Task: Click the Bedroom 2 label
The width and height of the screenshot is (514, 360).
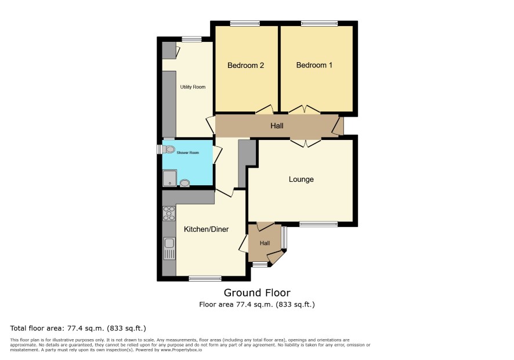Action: tap(245, 65)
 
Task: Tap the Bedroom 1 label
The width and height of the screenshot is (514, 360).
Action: tap(314, 65)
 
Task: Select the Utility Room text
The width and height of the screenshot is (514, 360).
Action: tap(193, 87)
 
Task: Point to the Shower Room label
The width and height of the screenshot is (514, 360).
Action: tap(188, 153)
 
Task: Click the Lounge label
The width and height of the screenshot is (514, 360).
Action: tap(301, 179)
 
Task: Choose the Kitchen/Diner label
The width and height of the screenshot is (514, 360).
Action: tap(206, 229)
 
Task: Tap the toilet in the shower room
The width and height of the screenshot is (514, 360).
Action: tap(167, 149)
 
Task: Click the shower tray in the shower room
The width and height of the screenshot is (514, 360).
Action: tap(169, 178)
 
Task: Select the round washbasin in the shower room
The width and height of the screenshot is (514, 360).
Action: tap(185, 183)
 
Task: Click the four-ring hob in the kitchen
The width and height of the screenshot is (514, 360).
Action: tap(169, 213)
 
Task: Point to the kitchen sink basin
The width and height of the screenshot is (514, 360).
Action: tap(169, 243)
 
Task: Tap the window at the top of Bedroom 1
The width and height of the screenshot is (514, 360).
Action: tap(319, 23)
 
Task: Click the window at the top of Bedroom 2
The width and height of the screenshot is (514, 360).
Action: tap(245, 23)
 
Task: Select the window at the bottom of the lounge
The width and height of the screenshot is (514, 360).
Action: tap(318, 224)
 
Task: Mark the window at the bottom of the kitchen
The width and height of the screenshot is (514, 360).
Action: tap(205, 279)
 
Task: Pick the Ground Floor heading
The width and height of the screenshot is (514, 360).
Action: tap(257, 293)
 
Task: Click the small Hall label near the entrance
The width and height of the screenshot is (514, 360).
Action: tap(265, 243)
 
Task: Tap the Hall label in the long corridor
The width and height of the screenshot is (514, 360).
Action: tap(277, 125)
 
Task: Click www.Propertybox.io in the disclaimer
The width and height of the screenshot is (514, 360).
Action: tap(181, 350)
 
